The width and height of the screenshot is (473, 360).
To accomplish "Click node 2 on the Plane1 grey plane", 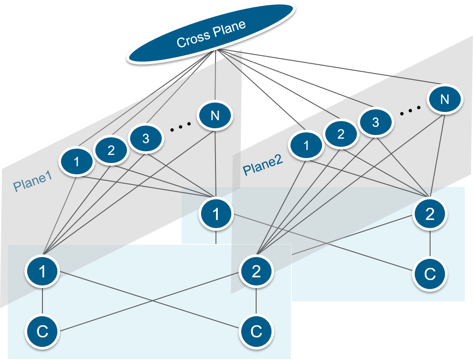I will (x=111, y=150).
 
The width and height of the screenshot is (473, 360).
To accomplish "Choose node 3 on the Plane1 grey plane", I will (x=145, y=138).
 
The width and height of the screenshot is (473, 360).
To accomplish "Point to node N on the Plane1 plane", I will (x=215, y=116).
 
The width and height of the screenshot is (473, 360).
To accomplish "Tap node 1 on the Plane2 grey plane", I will (x=307, y=145).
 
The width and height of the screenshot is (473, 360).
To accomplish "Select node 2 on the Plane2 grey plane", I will (x=341, y=134).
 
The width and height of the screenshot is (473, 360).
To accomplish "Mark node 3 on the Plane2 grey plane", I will (x=375, y=122).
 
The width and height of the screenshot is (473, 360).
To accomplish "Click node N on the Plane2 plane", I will (x=445, y=99).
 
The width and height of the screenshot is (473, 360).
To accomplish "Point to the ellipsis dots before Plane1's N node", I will (x=180, y=129).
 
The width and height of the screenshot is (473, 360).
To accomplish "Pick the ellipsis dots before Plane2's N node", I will (x=410, y=110).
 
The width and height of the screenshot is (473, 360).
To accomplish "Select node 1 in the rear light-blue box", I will (x=216, y=214).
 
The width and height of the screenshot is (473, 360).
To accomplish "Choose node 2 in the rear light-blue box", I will (x=430, y=214).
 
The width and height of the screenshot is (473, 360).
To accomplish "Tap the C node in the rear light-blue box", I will (x=430, y=274).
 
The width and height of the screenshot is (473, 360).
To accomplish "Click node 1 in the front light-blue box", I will (x=42, y=271).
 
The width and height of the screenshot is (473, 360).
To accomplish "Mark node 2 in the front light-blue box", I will (x=256, y=271).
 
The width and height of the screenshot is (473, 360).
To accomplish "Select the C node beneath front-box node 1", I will (x=42, y=332).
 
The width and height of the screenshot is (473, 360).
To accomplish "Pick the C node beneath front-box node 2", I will (x=256, y=332).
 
